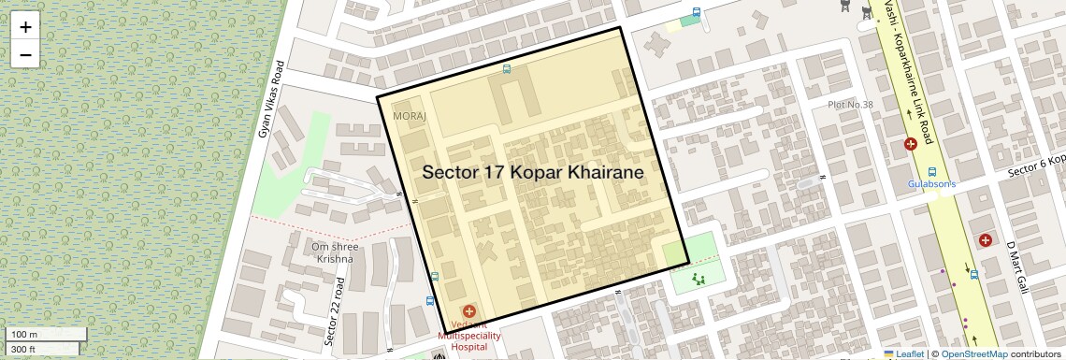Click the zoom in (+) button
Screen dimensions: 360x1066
pos(25,27)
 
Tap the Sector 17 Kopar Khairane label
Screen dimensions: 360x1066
pos(532,173)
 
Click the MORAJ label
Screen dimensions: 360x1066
pos(410,116)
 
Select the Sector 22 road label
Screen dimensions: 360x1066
pos(336,312)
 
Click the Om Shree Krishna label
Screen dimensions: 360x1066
pos(334,252)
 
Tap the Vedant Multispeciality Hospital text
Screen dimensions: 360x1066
pos(469,335)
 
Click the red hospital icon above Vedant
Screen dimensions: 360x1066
pos(469,310)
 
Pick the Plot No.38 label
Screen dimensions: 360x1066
pos(850,105)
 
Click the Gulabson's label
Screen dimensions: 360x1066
pos(931,184)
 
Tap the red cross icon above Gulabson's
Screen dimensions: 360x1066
pos(910,144)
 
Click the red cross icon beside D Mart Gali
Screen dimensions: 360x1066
pos(985,240)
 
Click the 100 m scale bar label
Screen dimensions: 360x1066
pos(25,335)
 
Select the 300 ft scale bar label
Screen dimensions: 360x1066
pos(23,350)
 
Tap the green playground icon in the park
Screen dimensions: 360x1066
pos(699,278)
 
